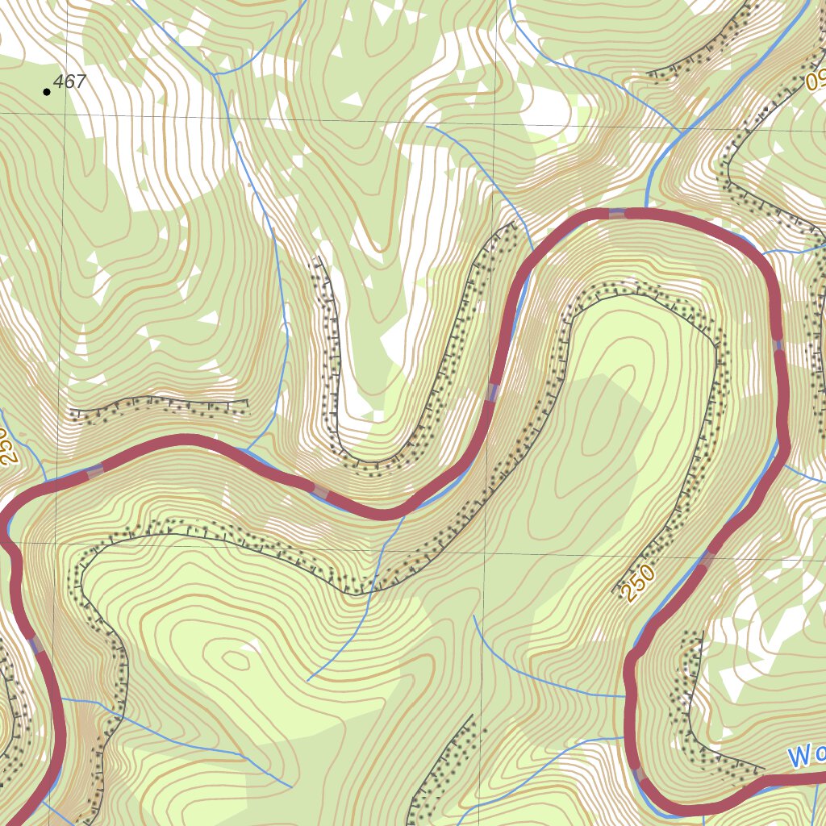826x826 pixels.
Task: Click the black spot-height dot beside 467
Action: pyautogui.click(x=47, y=92)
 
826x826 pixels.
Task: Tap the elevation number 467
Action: pyautogui.click(x=70, y=81)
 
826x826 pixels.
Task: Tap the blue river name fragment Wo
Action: pyautogui.click(x=806, y=757)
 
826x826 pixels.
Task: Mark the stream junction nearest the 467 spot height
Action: pyautogui.click(x=217, y=73)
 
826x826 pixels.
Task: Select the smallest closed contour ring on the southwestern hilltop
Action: pyautogui.click(x=236, y=661)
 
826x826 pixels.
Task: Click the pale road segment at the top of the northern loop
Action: pyautogui.click(x=617, y=213)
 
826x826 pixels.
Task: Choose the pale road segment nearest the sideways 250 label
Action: pyautogui.click(x=95, y=471)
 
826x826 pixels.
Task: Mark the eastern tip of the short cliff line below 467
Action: pyautogui.click(x=248, y=401)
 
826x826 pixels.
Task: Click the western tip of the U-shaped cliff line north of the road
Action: pyautogui.click(x=318, y=258)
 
